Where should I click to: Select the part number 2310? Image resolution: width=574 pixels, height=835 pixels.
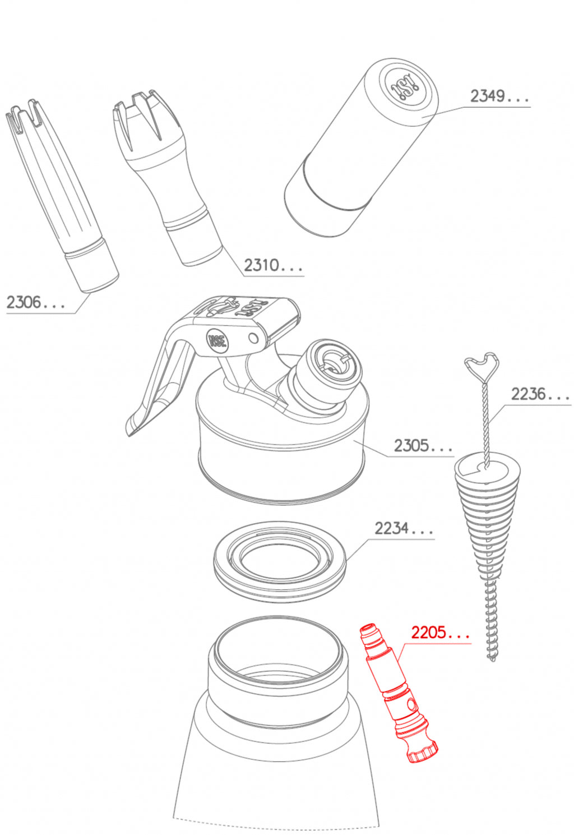[262, 265]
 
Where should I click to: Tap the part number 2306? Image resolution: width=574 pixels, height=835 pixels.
[24, 302]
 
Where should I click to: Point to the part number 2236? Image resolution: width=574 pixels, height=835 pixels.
[528, 394]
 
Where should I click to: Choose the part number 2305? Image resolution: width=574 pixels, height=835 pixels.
[411, 445]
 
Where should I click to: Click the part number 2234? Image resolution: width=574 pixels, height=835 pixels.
[392, 528]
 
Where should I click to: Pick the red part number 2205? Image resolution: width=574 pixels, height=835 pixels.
[429, 633]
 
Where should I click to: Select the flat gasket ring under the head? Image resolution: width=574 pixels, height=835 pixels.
[280, 561]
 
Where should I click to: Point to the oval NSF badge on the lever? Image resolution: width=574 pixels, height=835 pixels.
[217, 340]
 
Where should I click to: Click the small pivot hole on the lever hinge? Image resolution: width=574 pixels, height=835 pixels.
[253, 338]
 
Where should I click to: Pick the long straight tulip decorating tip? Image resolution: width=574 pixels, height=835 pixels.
[62, 195]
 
